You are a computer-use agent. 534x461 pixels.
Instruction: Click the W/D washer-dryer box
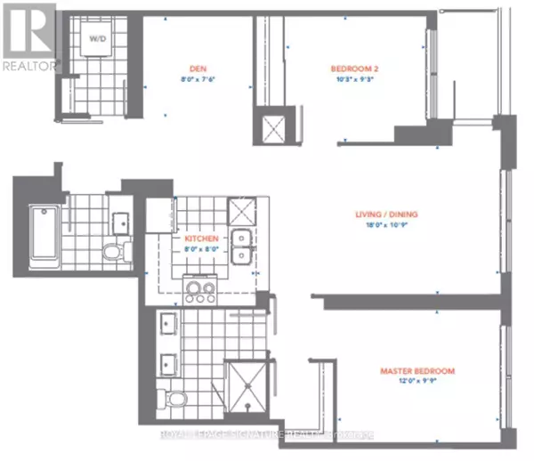(97, 39)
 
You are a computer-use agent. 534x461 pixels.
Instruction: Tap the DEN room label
(197, 69)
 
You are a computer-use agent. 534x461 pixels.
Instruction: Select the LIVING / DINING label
(385, 214)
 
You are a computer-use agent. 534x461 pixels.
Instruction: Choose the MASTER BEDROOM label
(417, 370)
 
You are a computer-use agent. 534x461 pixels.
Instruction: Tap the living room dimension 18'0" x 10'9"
(385, 226)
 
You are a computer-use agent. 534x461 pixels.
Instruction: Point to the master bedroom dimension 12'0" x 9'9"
(417, 381)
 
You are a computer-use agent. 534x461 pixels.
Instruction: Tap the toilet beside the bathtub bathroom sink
(112, 252)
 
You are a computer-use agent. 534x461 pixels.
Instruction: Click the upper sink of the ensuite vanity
(166, 322)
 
